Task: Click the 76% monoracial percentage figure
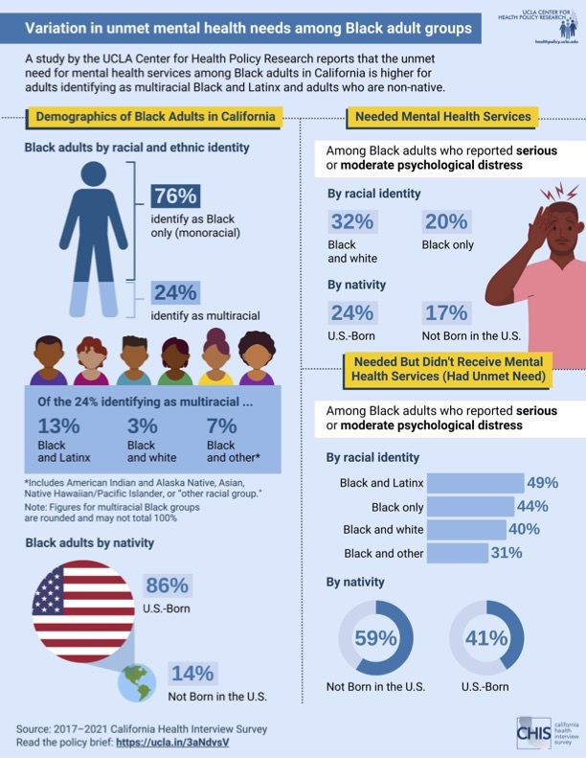click(175, 196)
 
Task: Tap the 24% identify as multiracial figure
click(175, 292)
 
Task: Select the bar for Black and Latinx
click(475, 482)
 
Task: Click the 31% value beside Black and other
click(506, 552)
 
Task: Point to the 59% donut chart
click(376, 637)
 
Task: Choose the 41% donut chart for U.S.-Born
click(485, 637)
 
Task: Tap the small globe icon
click(137, 683)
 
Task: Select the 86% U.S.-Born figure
click(167, 586)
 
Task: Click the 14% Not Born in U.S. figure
click(192, 673)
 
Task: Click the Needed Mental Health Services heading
click(442, 117)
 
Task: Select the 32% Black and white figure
click(351, 221)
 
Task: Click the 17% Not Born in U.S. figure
click(445, 312)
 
